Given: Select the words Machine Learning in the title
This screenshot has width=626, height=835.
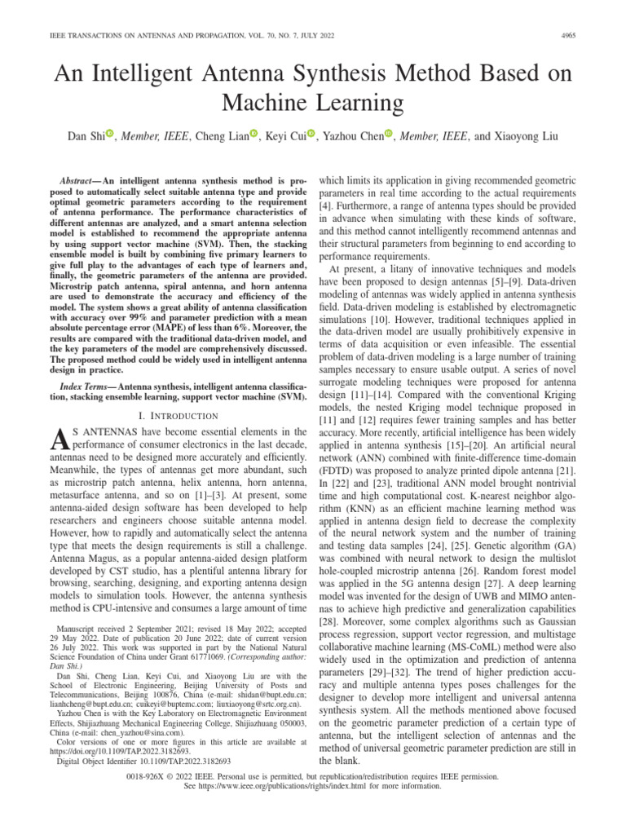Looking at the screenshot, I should tap(313, 103).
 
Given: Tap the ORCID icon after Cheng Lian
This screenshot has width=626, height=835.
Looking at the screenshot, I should tap(253, 135).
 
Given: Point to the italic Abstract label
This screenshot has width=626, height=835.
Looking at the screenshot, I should tap(80, 179).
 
